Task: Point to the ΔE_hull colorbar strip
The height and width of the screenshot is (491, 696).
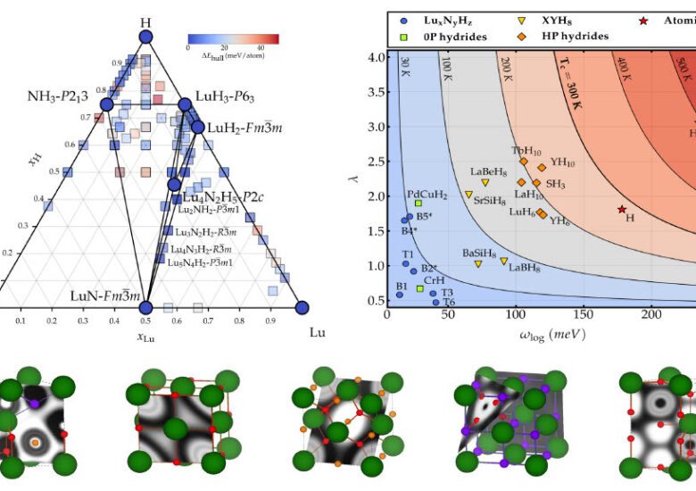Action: click(233, 39)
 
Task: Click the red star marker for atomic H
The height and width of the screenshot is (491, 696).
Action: click(622, 209)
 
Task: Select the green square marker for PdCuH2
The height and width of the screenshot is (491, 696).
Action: click(418, 204)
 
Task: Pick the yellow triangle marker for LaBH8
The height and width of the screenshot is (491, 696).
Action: click(504, 262)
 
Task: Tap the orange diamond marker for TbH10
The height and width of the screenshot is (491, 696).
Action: click(524, 162)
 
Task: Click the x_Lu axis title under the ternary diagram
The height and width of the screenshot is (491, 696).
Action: click(145, 336)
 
